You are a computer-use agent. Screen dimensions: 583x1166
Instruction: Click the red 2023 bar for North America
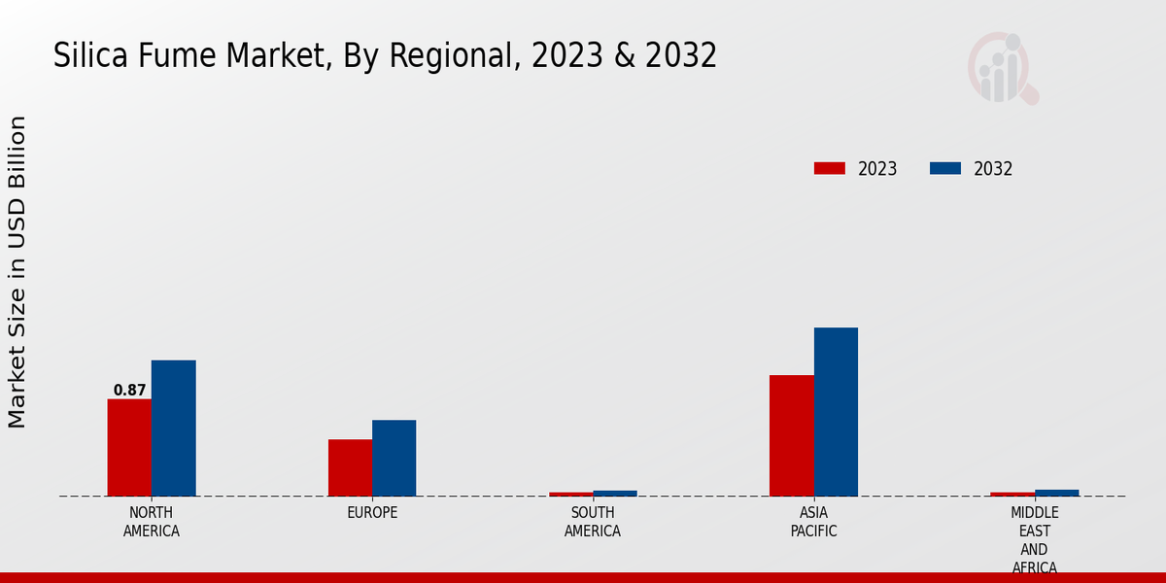point(129,447)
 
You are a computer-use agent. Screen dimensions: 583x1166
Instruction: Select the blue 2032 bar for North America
point(173,428)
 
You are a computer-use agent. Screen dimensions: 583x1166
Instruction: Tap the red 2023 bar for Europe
point(350,467)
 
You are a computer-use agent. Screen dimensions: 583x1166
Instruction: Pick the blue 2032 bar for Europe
point(394,458)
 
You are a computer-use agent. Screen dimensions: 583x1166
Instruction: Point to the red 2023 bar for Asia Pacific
point(791,435)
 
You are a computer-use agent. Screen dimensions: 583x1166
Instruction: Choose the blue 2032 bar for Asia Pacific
point(836,412)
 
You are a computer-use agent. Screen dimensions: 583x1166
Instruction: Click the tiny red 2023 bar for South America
point(570,494)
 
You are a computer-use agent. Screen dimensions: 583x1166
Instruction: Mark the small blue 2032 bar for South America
point(615,493)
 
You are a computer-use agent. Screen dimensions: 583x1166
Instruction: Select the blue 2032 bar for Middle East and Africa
point(1056,493)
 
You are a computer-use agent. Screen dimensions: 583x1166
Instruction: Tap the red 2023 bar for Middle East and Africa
point(1012,494)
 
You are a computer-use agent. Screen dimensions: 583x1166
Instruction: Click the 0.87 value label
point(129,391)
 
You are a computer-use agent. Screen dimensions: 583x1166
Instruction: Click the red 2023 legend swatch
point(829,168)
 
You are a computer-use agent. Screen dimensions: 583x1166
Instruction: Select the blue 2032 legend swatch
point(944,168)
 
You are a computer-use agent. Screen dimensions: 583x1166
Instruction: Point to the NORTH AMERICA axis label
point(152,522)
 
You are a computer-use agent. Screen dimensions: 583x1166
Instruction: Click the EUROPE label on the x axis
point(372,512)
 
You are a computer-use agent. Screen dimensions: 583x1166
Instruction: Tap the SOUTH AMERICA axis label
point(593,522)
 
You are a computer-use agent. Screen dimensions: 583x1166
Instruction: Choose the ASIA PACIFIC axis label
point(813,522)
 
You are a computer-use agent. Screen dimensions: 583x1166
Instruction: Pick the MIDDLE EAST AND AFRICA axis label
point(1034,539)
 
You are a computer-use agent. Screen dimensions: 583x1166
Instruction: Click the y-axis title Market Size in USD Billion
point(17,272)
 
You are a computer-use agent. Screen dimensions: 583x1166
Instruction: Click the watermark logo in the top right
point(1002,68)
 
